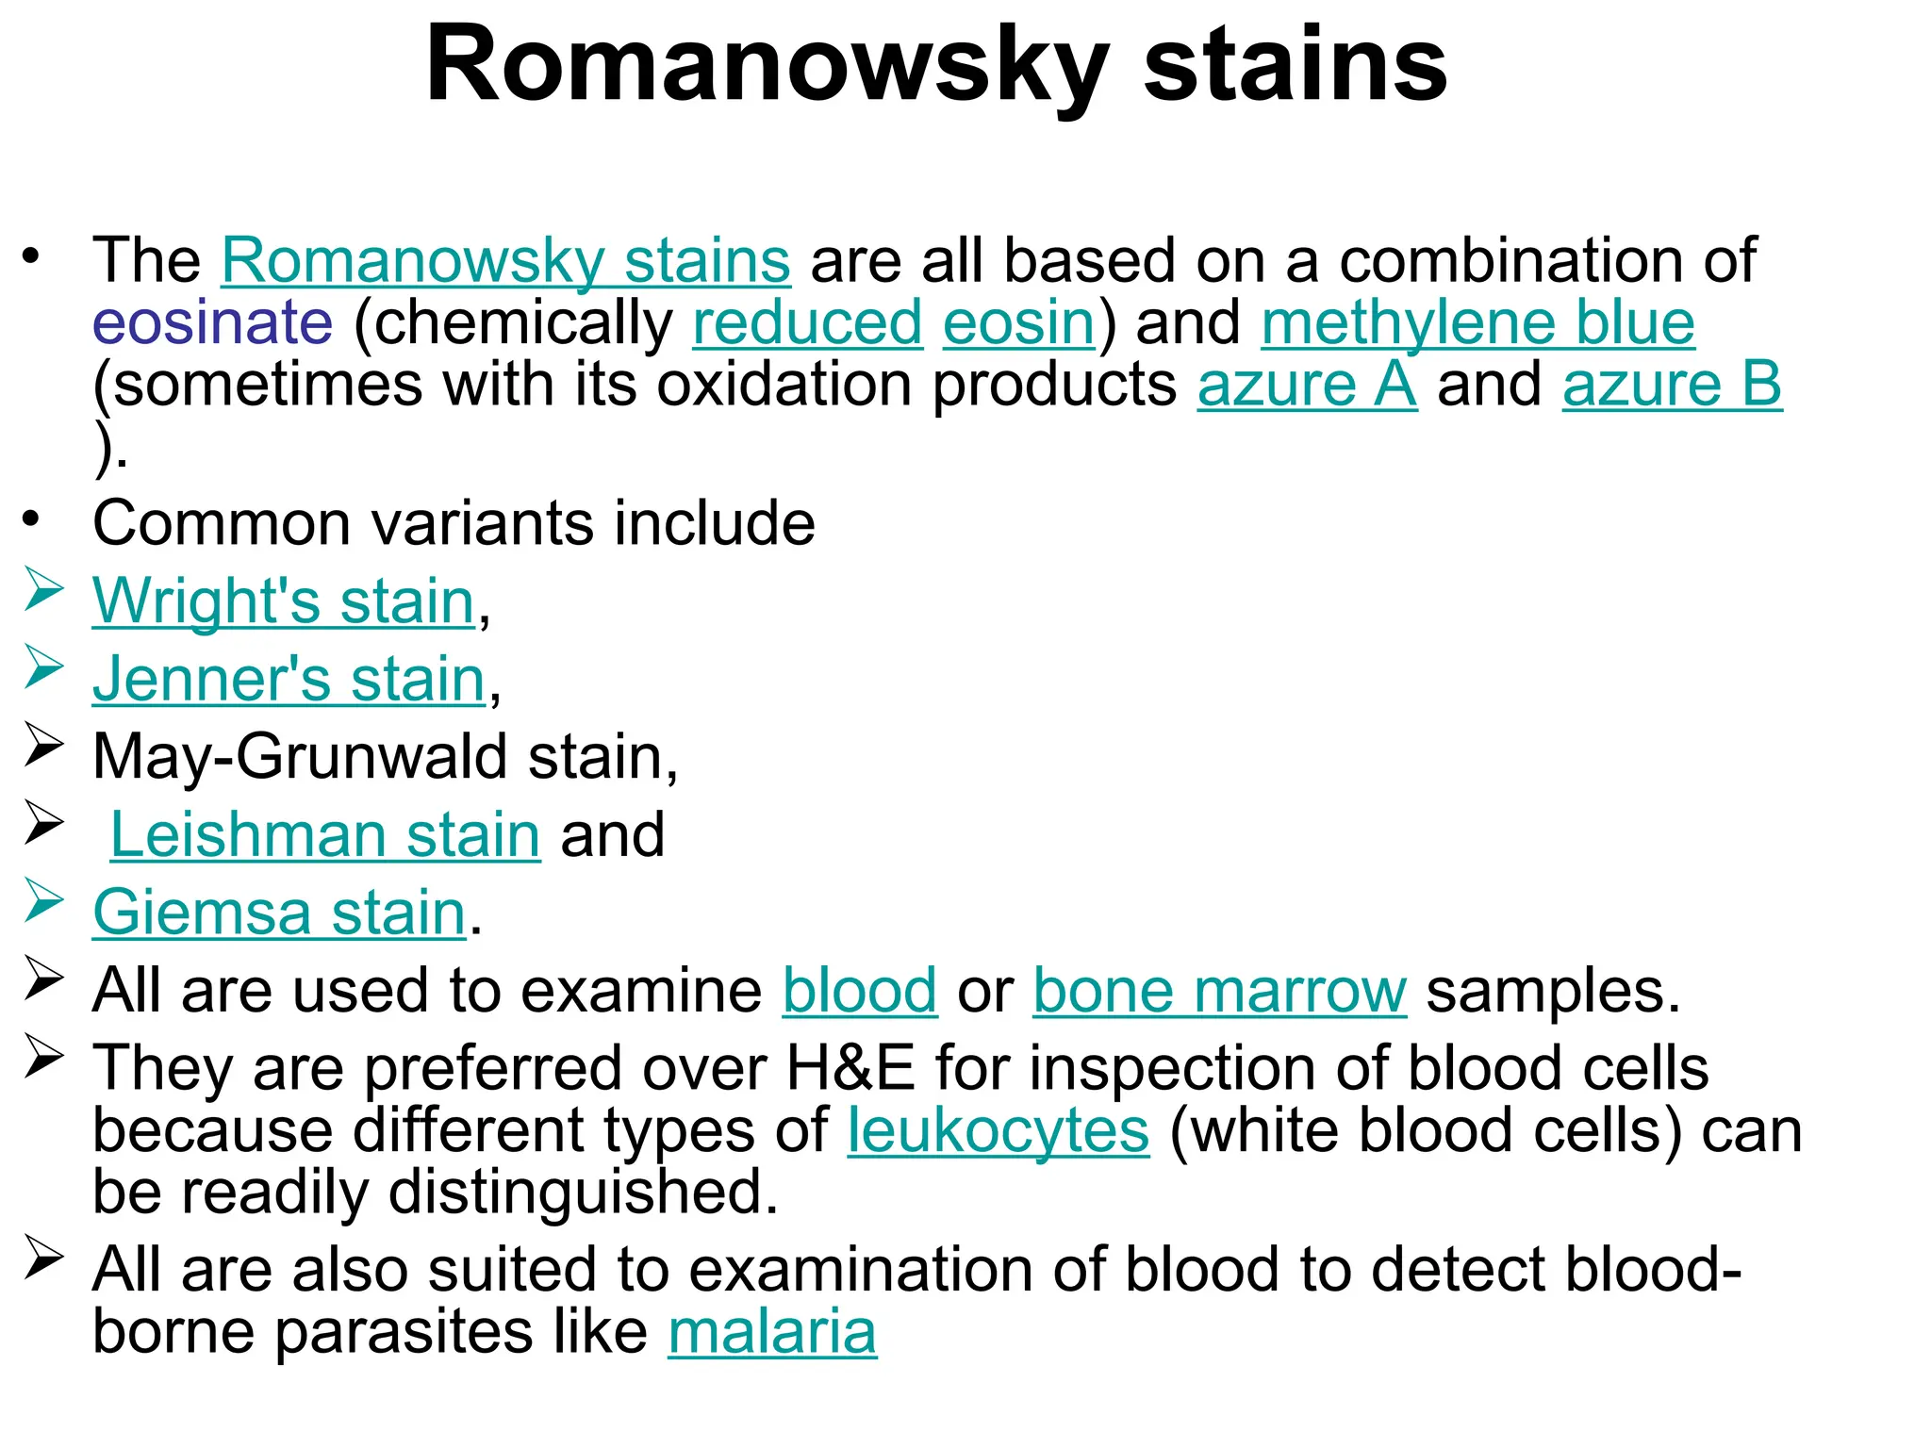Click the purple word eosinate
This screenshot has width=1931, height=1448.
212,322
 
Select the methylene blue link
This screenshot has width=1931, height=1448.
1477,322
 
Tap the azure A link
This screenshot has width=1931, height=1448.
1307,385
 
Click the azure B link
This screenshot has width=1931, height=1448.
1672,385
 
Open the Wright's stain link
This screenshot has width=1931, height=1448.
283,601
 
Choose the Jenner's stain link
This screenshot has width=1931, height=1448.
289,679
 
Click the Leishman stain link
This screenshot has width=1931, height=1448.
325,835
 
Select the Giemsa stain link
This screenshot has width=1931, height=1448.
280,913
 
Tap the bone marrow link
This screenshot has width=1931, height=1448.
1219,991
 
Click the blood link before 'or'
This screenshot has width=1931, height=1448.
859,991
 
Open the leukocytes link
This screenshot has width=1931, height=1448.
998,1130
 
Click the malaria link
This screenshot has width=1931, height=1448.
772,1332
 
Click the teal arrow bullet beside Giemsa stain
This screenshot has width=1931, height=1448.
43,900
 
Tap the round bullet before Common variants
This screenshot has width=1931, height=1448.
32,518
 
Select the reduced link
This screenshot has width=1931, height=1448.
807,322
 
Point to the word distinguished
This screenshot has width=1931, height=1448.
582,1193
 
